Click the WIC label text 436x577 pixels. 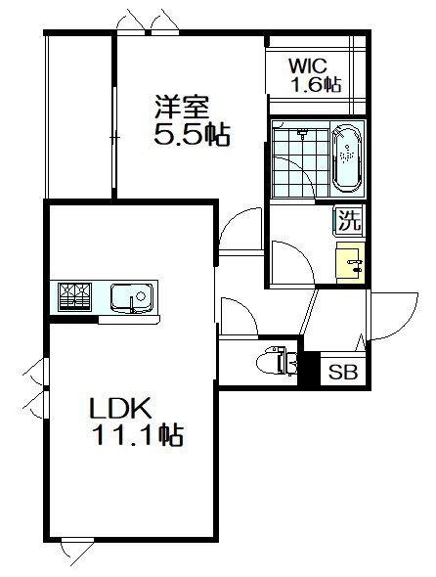308,67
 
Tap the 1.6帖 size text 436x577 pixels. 316,85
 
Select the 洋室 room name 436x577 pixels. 182,107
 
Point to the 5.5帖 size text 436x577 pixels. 192,134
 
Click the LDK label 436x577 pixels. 120,408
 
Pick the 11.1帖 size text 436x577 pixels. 139,435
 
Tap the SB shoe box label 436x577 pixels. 343,372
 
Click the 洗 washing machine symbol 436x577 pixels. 348,220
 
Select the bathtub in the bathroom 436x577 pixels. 347,158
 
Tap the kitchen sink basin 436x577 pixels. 132,296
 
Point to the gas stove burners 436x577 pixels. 74,296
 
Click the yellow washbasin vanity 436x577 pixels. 351,263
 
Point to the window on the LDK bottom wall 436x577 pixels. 77,540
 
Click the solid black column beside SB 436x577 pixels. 309,369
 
